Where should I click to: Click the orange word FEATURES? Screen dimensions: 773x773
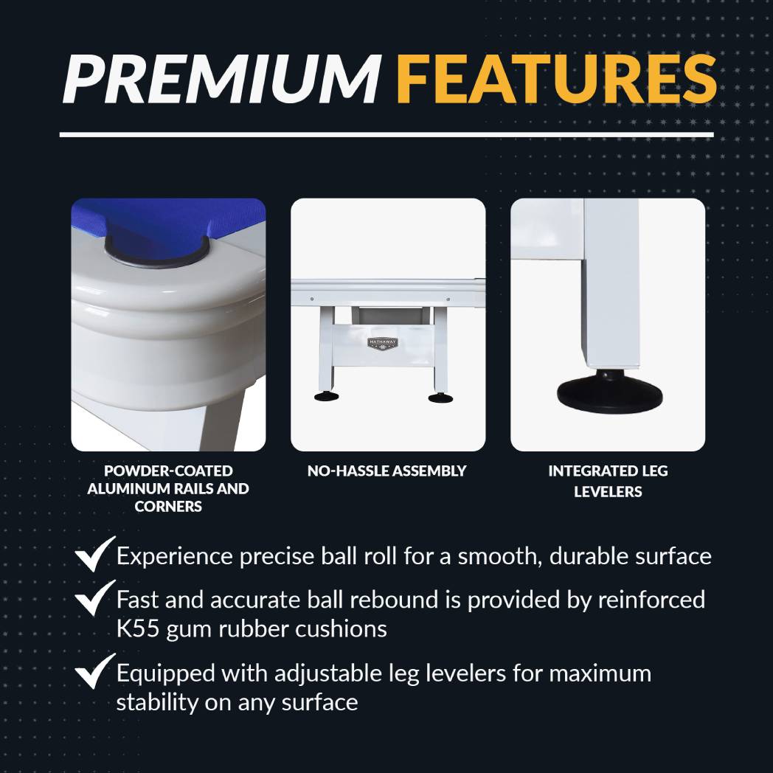[557, 79]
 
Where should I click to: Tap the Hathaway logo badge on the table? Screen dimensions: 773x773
[382, 343]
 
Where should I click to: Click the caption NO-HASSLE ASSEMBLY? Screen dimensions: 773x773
[386, 471]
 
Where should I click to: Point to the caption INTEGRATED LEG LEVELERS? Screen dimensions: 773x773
[608, 481]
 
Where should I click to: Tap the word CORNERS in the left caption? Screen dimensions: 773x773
[168, 506]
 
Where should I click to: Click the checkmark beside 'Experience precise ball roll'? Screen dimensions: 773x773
[95, 554]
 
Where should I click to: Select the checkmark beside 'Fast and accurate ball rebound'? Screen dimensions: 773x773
[95, 597]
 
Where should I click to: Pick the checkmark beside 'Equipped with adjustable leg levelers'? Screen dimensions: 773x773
[95, 671]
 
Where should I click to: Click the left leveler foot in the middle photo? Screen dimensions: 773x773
[323, 396]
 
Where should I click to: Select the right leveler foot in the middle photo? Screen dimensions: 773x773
[438, 398]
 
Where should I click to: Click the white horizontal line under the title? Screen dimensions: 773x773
[386, 134]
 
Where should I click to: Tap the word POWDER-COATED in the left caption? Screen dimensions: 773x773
[168, 471]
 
